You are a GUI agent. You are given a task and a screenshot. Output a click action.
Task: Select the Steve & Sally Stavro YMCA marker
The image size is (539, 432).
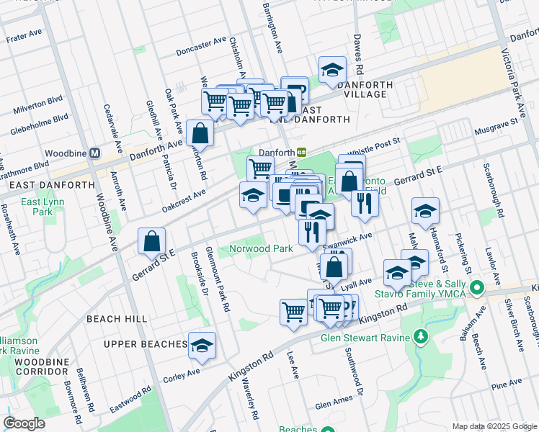pos(476,289)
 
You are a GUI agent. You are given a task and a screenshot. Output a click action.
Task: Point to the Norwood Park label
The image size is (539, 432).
pos(261,248)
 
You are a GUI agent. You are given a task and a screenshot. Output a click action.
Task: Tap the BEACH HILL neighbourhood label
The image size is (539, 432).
pos(116,318)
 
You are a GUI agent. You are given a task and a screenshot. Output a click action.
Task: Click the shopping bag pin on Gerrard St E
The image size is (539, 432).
pos(152,242)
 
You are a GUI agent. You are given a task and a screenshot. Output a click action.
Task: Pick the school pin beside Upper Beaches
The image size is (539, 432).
pos(202,345)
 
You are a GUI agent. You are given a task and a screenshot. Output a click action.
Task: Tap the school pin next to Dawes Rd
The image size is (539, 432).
pos(332,69)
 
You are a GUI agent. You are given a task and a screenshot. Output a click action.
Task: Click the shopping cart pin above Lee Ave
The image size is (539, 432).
pos(293,312)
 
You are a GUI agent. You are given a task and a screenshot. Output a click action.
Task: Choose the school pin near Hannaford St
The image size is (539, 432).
pos(425,210)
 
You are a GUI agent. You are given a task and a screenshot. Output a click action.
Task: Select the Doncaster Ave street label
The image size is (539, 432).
pos(201,48)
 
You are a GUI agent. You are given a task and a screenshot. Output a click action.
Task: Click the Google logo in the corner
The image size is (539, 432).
pos(24,423)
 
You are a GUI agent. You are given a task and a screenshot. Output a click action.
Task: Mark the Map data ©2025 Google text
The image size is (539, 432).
pos(494,426)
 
